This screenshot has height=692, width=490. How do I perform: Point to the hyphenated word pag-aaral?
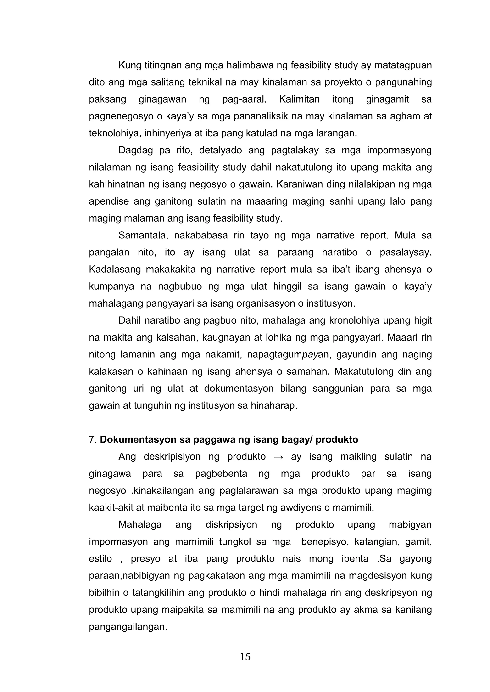click(244, 99)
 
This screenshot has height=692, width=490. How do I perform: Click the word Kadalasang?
click(115, 270)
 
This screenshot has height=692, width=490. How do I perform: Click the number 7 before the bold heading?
click(92, 439)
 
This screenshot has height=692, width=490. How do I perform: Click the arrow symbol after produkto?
click(278, 457)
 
